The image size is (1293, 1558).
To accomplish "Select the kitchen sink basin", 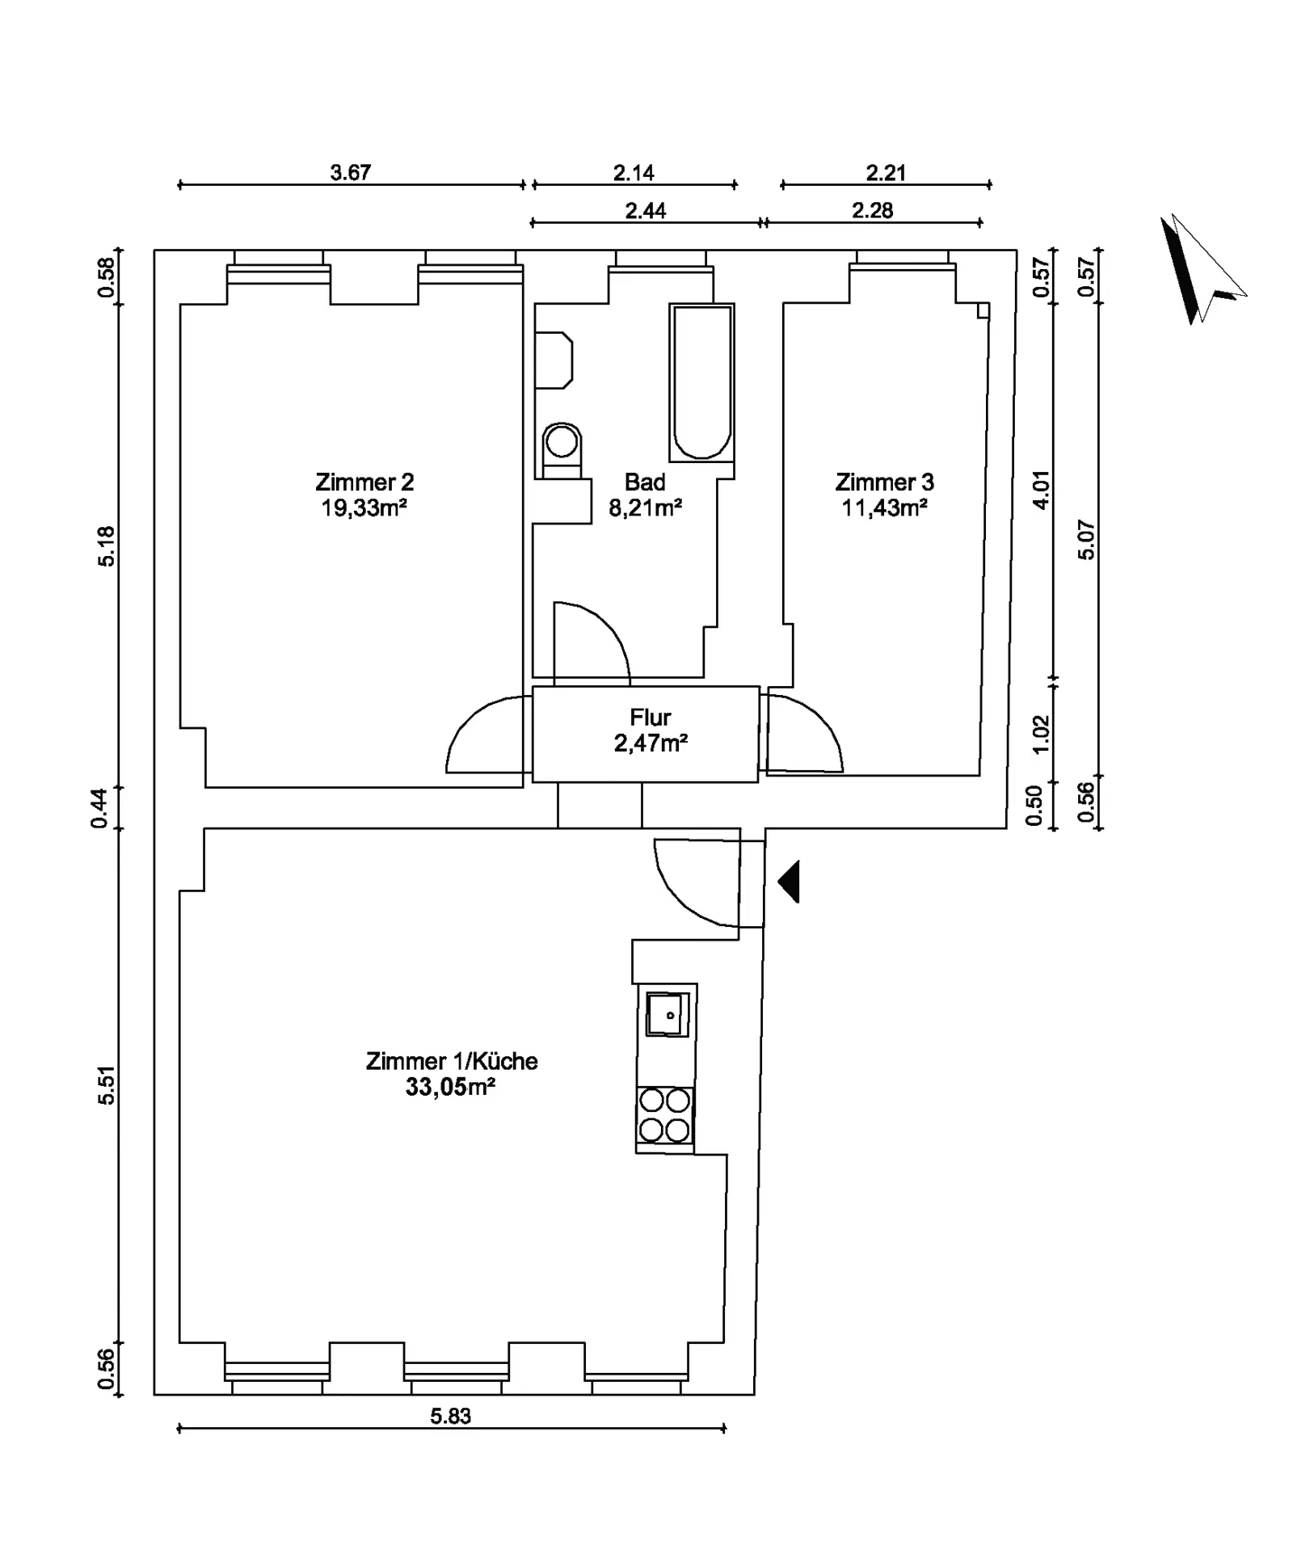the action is tap(668, 1013).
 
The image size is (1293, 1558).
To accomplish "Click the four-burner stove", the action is tap(665, 1114).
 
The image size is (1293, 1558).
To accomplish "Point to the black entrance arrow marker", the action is tap(790, 882).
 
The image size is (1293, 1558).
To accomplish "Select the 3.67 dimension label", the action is tap(351, 172).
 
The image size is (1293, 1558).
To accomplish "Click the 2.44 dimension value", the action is tap(646, 210).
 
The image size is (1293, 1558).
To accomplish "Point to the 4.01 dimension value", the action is tap(1042, 490).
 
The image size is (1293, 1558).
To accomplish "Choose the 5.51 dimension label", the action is tap(107, 1085).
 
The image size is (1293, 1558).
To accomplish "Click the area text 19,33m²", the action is tap(364, 508).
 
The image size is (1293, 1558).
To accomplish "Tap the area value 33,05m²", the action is tap(450, 1087).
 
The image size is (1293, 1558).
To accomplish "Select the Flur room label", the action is tap(651, 717).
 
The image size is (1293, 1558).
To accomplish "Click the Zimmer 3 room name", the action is tap(884, 482).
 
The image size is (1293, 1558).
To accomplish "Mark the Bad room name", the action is tap(645, 482).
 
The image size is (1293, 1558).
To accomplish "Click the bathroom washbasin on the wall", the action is tap(554, 360).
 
